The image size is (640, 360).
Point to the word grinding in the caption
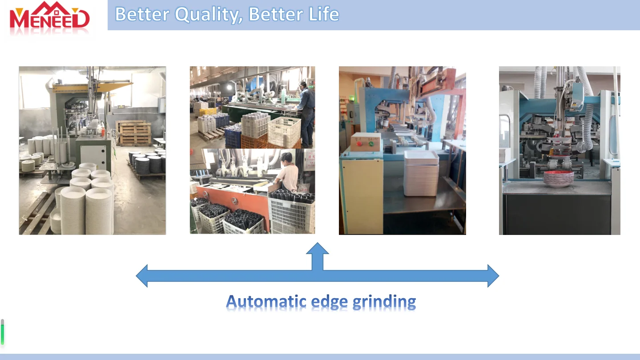(384, 303)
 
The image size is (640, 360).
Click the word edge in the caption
(330, 303)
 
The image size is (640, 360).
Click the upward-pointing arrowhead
(318, 248)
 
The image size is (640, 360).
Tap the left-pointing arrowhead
(142, 276)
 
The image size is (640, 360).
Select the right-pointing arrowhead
(493, 276)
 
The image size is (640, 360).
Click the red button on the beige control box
(359, 144)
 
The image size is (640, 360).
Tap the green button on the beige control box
(371, 144)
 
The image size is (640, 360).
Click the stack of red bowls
(558, 179)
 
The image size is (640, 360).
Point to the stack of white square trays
(421, 174)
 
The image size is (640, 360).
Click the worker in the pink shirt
(287, 172)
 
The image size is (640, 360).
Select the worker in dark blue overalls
(306, 114)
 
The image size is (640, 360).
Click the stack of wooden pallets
(134, 133)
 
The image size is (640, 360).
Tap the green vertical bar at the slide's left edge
(2, 332)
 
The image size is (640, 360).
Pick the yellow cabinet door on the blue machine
(362, 196)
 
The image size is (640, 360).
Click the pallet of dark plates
(147, 165)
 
